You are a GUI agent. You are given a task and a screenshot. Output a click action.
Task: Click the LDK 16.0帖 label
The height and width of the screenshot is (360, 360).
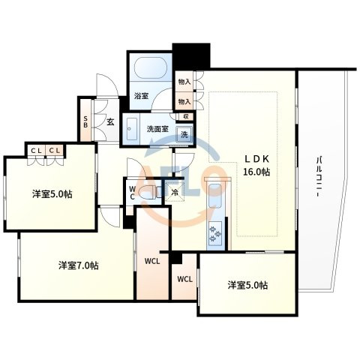(x=256, y=165)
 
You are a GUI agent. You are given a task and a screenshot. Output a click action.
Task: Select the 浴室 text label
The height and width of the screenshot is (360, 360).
(x=142, y=96)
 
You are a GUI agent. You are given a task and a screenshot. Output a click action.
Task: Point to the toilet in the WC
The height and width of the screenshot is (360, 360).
(x=149, y=193)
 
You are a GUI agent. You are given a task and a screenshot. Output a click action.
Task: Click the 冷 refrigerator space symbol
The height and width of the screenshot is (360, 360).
(x=175, y=192)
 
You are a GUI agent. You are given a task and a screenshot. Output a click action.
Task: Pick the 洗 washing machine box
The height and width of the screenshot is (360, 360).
(x=184, y=135)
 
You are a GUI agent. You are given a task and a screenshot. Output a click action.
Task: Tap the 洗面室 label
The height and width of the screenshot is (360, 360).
(x=157, y=129)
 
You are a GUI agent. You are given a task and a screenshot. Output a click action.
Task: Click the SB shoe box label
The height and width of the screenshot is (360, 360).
(x=85, y=121)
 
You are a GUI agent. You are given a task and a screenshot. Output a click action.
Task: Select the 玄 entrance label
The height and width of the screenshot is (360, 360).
(x=111, y=122)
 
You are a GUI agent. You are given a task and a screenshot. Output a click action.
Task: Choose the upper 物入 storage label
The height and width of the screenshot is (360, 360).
(x=184, y=82)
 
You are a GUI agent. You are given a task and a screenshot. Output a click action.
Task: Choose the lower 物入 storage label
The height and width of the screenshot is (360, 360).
(x=184, y=101)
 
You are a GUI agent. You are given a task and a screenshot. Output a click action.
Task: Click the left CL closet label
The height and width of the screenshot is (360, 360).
(x=36, y=151)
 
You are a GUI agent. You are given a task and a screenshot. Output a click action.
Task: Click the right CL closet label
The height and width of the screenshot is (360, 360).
(x=55, y=151)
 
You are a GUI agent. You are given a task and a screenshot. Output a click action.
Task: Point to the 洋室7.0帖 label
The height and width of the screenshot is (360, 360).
(x=78, y=265)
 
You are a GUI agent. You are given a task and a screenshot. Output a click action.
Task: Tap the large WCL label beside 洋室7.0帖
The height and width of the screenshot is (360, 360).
(x=152, y=262)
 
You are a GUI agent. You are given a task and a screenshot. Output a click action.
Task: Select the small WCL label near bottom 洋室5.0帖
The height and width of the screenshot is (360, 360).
(x=185, y=279)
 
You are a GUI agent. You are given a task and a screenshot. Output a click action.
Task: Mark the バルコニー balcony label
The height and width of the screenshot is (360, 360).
(x=319, y=177)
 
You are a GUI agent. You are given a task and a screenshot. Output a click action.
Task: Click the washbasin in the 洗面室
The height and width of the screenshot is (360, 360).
(x=132, y=129)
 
